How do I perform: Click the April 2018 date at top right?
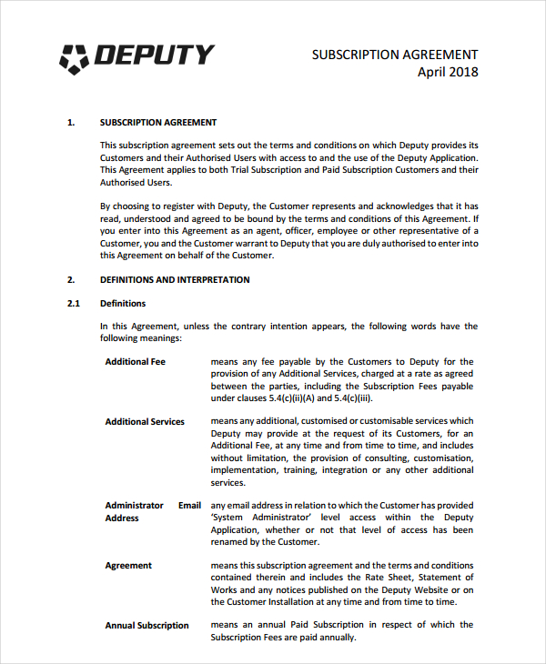447,73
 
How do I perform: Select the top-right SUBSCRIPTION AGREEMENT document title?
395,55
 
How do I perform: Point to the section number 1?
71,122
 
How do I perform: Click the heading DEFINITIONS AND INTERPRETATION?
175,280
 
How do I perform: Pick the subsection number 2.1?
74,304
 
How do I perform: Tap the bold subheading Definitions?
123,304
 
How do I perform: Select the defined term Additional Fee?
136,362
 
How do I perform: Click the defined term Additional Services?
145,422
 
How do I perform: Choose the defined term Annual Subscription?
147,626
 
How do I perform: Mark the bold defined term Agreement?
128,566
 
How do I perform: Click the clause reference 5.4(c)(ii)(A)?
282,397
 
